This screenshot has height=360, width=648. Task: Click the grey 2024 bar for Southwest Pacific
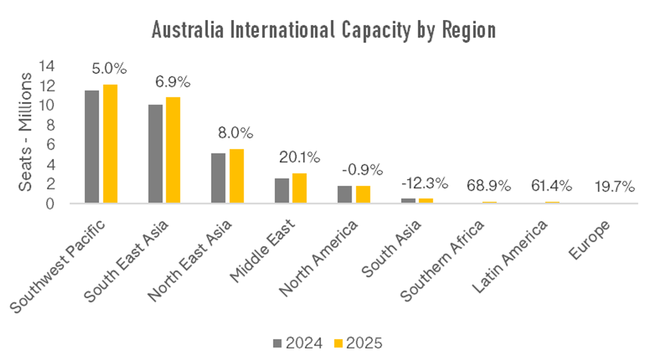[92, 146]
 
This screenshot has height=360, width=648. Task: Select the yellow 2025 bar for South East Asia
[173, 150]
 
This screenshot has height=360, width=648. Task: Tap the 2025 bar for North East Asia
[236, 176]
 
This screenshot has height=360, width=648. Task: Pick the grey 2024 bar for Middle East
[282, 190]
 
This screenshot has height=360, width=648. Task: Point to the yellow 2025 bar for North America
[363, 194]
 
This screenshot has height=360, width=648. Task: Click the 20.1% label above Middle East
[299, 157]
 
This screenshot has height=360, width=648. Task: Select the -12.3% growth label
[424, 183]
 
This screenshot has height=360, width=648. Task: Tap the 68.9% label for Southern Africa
[488, 186]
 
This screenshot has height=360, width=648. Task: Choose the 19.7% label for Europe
[614, 186]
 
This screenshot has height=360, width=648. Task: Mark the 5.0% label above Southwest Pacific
[109, 68]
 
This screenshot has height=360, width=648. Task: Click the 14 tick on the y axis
[46, 66]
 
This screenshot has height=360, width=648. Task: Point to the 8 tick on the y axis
[50, 125]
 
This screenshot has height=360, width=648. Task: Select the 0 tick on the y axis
[50, 204]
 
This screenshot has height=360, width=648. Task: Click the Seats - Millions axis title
[25, 132]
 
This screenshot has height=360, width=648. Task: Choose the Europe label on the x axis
[589, 240]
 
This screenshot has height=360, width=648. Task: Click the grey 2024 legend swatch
[277, 343]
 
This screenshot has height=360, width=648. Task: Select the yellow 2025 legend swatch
[338, 343]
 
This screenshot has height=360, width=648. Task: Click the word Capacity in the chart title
[376, 30]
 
